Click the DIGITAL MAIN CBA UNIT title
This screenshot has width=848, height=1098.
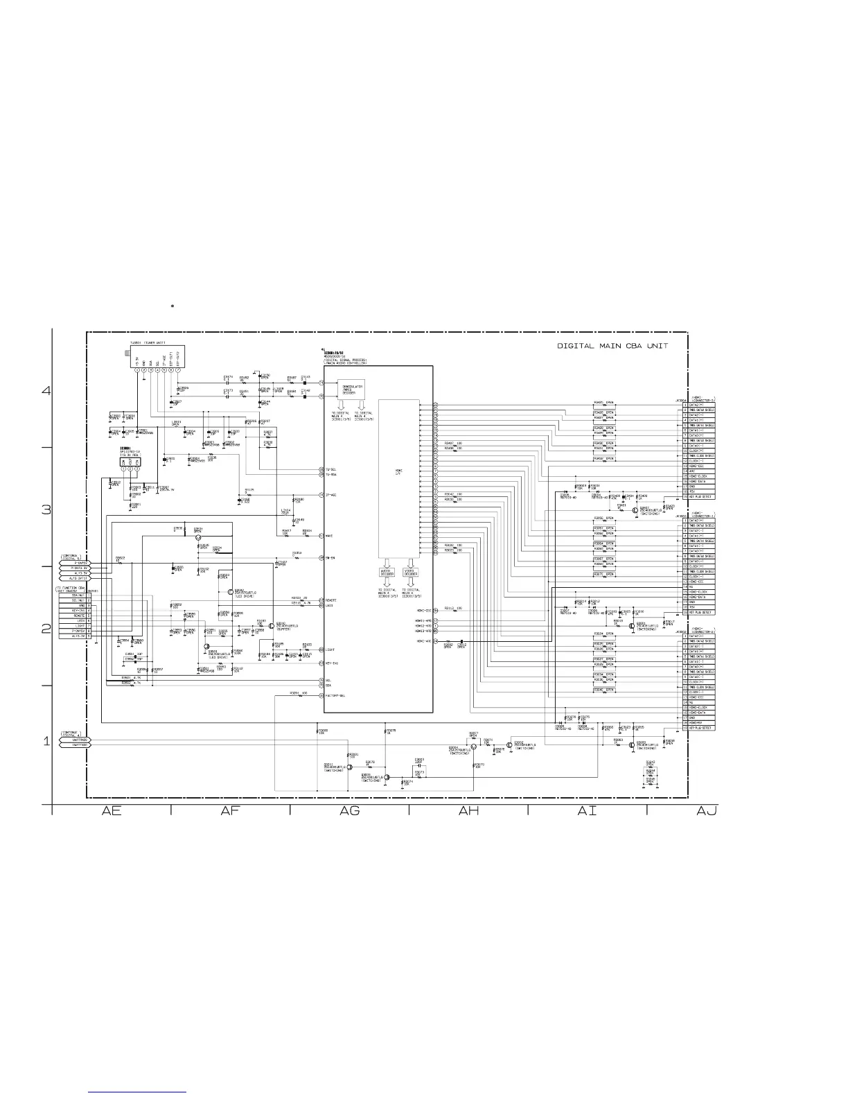pyautogui.click(x=612, y=346)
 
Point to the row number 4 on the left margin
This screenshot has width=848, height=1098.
pyautogui.click(x=46, y=390)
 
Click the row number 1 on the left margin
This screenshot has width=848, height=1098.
pyautogui.click(x=46, y=742)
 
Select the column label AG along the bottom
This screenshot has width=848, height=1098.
pyautogui.click(x=350, y=810)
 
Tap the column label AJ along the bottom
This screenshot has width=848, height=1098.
pyautogui.click(x=707, y=810)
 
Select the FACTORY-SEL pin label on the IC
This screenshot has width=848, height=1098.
pyautogui.click(x=335, y=695)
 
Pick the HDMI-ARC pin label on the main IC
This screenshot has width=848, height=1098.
pyautogui.click(x=423, y=641)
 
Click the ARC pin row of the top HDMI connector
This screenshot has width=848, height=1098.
pyautogui.click(x=696, y=471)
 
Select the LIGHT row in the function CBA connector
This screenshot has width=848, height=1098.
pyautogui.click(x=78, y=626)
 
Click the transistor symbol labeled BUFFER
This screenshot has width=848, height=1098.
pyautogui.click(x=272, y=625)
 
